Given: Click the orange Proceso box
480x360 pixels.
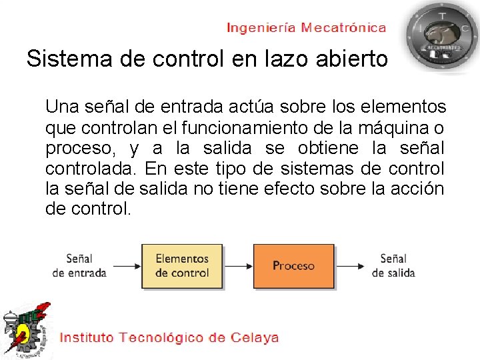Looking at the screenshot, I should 293,265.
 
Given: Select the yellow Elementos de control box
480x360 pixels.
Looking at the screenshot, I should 182,265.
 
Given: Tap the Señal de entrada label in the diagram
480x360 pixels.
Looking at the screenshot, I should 79,265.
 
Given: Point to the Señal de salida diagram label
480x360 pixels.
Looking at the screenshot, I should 393,265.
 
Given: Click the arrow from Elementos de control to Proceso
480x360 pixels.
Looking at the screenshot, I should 238,266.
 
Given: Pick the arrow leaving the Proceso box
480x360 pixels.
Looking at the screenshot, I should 350,266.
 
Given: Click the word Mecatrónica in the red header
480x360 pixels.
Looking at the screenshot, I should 343,28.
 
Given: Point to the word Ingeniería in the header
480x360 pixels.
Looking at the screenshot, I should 261,28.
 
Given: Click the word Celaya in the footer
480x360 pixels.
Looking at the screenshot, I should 255,337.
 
